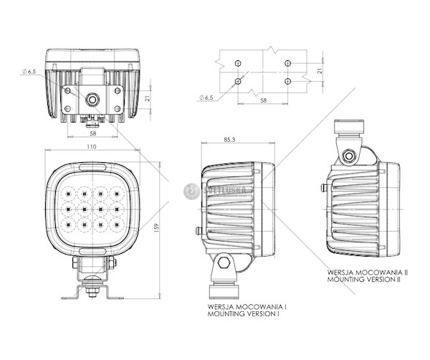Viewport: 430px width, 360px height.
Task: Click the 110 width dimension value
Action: coord(92,146)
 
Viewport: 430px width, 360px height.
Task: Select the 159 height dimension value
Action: coord(156,228)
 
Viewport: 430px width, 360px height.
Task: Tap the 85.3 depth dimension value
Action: coord(229,140)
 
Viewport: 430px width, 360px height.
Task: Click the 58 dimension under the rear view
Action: coord(93,133)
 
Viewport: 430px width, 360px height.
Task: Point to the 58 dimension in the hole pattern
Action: coord(263,100)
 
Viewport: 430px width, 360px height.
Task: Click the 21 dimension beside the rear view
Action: coord(147,98)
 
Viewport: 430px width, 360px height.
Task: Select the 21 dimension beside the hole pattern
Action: coord(320,70)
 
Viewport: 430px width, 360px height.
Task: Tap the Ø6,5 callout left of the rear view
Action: coord(29,72)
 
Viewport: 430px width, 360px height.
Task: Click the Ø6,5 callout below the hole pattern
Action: coord(206,98)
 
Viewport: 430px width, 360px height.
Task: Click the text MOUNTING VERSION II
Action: coord(364,280)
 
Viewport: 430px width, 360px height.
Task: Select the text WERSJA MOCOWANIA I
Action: coord(247,307)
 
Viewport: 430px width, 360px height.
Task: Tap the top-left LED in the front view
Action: coord(67,194)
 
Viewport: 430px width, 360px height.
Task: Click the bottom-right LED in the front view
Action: coord(117,225)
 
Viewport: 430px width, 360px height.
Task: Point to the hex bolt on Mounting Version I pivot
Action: coord(224,263)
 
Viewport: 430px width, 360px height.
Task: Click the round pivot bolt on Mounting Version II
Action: coord(349,156)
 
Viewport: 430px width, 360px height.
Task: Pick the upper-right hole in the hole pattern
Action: coord(287,63)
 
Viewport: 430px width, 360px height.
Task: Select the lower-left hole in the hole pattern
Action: coord(238,81)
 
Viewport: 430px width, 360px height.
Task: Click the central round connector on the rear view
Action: coord(92,100)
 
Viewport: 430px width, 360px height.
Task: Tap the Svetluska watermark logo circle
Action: coord(191,191)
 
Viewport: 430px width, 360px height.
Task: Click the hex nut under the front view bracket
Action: coord(92,291)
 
